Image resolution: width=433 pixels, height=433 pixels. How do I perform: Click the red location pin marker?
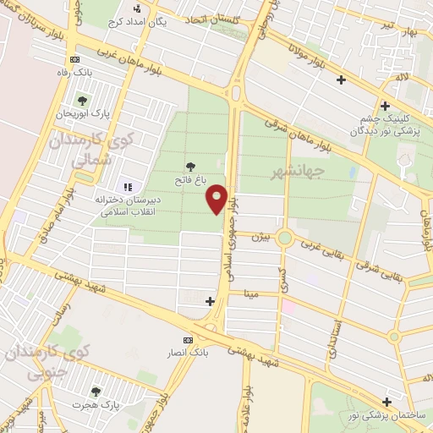click(216, 198)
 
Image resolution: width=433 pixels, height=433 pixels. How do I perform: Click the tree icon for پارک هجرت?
click(94, 392)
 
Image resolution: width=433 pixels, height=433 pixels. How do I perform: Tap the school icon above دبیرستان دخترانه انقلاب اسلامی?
click(128, 186)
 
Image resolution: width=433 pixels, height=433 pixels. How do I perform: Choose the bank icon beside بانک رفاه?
click(74, 59)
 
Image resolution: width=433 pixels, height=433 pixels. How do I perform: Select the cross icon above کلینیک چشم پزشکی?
click(386, 106)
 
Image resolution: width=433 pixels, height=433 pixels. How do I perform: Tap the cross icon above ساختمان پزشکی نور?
click(386, 402)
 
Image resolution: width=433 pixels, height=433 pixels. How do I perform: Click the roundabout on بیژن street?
click(286, 239)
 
